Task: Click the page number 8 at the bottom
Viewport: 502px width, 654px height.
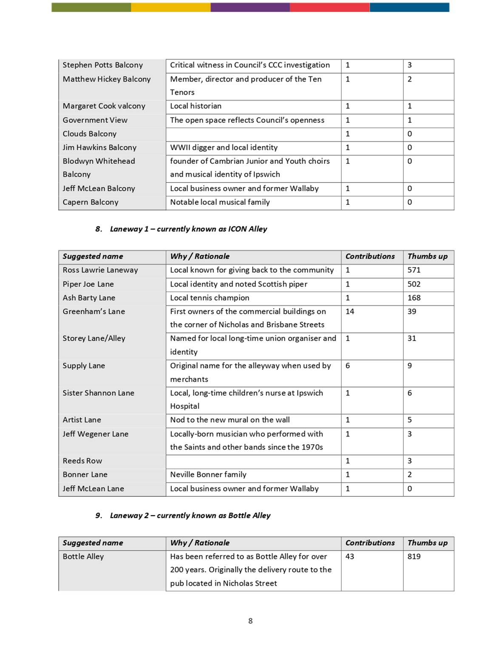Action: pyautogui.click(x=250, y=621)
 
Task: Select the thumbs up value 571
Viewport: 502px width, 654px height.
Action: pyautogui.click(x=414, y=270)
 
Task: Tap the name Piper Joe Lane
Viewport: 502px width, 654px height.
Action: pyautogui.click(x=88, y=284)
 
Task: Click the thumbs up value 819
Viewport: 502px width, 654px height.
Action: pyautogui.click(x=414, y=556)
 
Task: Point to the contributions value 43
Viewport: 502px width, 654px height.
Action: pyautogui.click(x=349, y=556)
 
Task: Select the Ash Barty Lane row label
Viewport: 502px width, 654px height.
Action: pyautogui.click(x=89, y=298)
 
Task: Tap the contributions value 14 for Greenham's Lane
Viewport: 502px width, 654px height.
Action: pyautogui.click(x=349, y=311)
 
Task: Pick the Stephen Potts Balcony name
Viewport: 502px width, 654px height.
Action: pyautogui.click(x=102, y=65)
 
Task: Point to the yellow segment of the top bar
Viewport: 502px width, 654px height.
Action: pyautogui.click(x=170, y=7)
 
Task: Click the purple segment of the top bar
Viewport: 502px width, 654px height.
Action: pyautogui.click(x=250, y=7)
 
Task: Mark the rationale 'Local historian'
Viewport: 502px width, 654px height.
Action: pyautogui.click(x=196, y=106)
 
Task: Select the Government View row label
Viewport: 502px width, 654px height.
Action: pyautogui.click(x=95, y=120)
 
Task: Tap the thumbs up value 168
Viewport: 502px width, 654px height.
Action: pyautogui.click(x=414, y=298)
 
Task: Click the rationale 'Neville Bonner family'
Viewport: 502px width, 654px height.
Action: pyautogui.click(x=208, y=474)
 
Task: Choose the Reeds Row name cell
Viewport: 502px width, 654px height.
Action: pyautogui.click(x=82, y=461)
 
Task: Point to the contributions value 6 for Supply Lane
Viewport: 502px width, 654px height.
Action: pyautogui.click(x=348, y=366)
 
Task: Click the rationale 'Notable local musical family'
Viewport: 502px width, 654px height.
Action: pyautogui.click(x=220, y=202)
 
